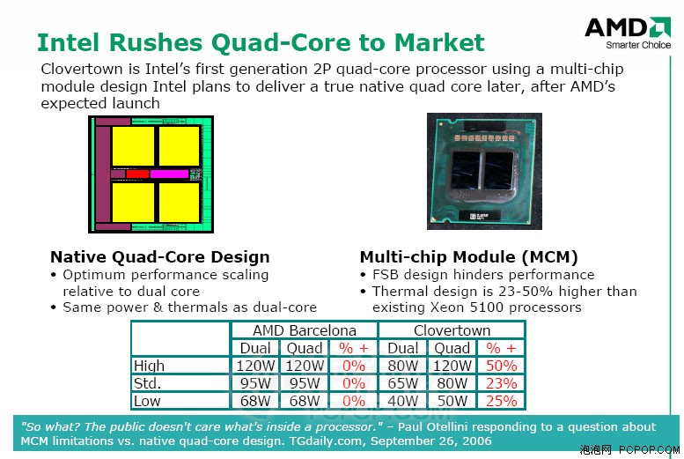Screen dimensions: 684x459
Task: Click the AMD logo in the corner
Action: pyautogui.click(x=628, y=33)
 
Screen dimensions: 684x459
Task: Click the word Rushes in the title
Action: pyautogui.click(x=156, y=43)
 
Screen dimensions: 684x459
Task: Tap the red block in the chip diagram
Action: pyautogui.click(x=137, y=174)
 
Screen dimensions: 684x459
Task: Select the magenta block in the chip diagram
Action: pyautogui.click(x=169, y=174)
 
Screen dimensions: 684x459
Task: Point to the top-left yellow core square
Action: pyautogui.click(x=133, y=146)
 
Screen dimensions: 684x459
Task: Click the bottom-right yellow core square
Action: pyautogui.click(x=180, y=203)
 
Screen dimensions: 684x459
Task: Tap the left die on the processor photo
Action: pyautogui.click(x=466, y=171)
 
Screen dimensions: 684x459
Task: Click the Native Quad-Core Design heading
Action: pyautogui.click(x=160, y=256)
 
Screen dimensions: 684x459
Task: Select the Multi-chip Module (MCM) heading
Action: pyautogui.click(x=469, y=256)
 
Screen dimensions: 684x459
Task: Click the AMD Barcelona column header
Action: pyautogui.click(x=305, y=330)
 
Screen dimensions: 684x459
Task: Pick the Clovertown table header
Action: pyautogui.click(x=452, y=330)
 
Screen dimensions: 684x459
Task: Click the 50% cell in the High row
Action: pyautogui.click(x=501, y=366)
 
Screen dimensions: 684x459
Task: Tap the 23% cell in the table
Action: pyautogui.click(x=501, y=383)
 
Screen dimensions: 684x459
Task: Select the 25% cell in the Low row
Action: pyautogui.click(x=501, y=401)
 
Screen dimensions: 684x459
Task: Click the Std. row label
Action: pyautogui.click(x=147, y=383)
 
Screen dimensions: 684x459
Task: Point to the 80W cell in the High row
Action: pyautogui.click(x=402, y=366)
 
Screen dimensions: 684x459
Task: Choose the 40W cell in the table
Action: pyautogui.click(x=402, y=401)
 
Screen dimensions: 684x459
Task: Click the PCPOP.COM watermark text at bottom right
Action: pyautogui.click(x=649, y=450)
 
